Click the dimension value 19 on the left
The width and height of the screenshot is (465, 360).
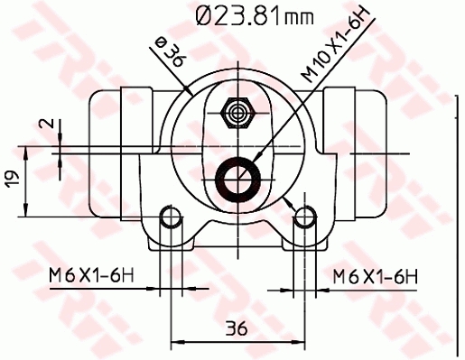pyautogui.click(x=11, y=180)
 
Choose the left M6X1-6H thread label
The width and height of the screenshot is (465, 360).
pyautogui.click(x=88, y=275)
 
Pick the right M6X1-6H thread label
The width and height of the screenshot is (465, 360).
pyautogui.click(x=374, y=275)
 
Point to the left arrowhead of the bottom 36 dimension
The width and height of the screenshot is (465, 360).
pyautogui.click(x=174, y=341)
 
